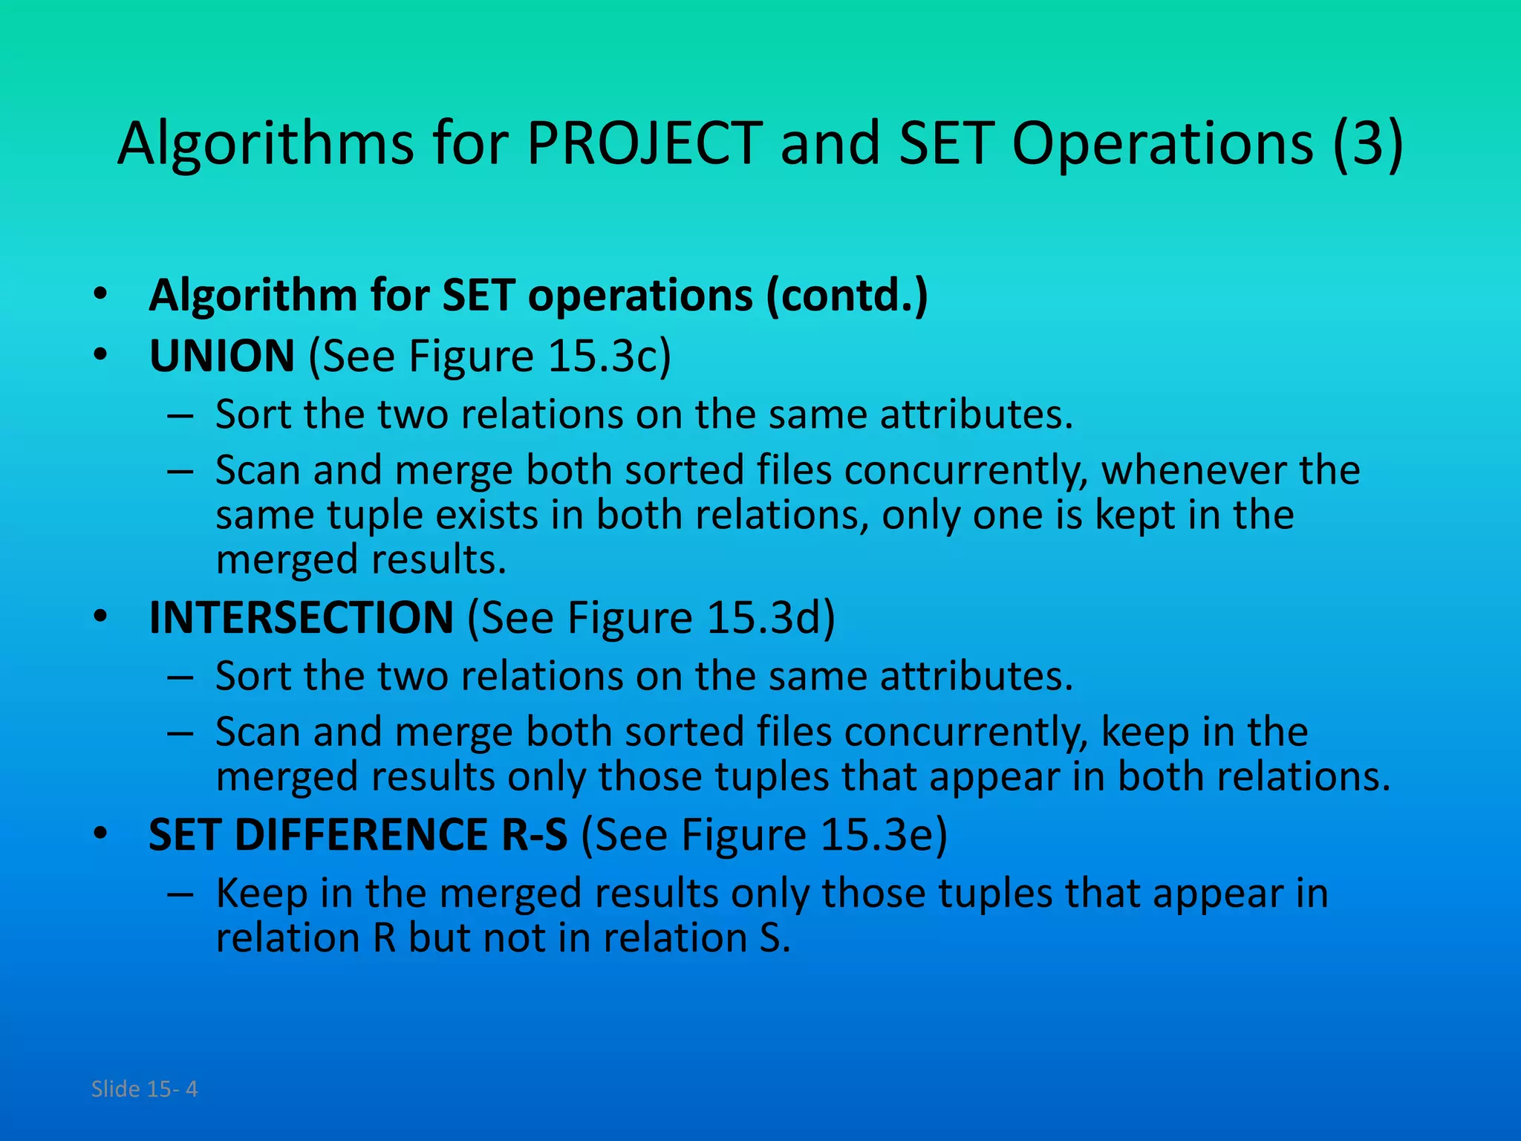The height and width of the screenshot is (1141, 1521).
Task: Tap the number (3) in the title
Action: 1367,143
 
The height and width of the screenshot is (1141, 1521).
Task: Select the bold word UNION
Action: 222,356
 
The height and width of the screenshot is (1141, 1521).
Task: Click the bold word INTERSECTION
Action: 301,617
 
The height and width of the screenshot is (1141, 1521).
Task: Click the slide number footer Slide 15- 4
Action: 144,1089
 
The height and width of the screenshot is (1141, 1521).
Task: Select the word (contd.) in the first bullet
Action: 847,296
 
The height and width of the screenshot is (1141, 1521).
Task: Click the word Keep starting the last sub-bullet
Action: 261,893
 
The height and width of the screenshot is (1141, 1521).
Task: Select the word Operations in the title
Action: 1163,143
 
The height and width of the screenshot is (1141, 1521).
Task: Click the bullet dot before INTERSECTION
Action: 101,617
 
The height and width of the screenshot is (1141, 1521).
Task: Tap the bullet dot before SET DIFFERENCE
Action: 101,833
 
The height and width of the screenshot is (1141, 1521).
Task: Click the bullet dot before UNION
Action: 101,355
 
